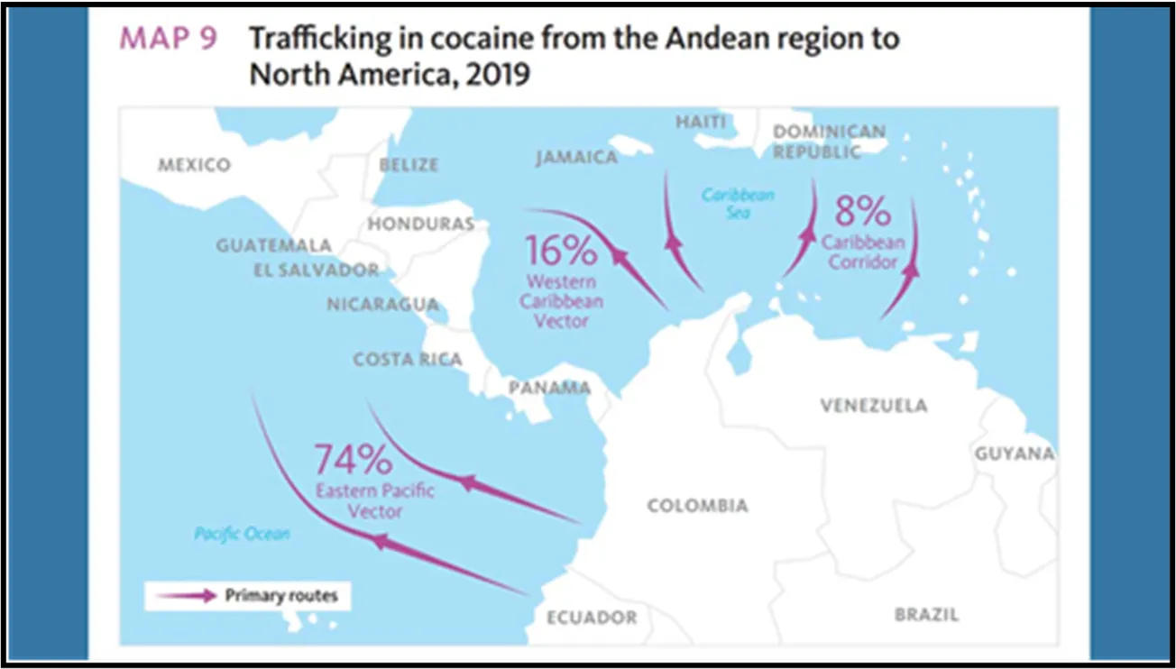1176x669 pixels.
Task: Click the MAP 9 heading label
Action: click(169, 40)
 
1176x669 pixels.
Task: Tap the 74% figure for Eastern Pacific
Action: click(353, 460)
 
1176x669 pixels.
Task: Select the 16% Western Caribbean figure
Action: click(561, 249)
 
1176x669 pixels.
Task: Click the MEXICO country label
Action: click(194, 165)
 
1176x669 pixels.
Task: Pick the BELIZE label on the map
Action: click(409, 165)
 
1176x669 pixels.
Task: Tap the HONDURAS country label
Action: click(420, 224)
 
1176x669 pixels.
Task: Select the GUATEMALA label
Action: click(273, 245)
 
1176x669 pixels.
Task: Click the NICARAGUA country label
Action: click(382, 305)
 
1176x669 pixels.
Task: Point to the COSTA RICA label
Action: click(408, 359)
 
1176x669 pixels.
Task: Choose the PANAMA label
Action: click(549, 389)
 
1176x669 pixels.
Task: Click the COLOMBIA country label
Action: click(697, 506)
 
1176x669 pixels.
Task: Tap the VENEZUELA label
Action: click(873, 406)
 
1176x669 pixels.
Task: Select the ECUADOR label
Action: click(592, 618)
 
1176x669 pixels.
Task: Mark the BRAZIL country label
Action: click(926, 615)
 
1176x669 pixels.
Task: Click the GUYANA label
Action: click(1014, 454)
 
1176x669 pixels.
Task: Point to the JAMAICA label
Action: click(576, 158)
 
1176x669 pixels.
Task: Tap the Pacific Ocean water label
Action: click(243, 534)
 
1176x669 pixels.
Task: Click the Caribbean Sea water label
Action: click(738, 203)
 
